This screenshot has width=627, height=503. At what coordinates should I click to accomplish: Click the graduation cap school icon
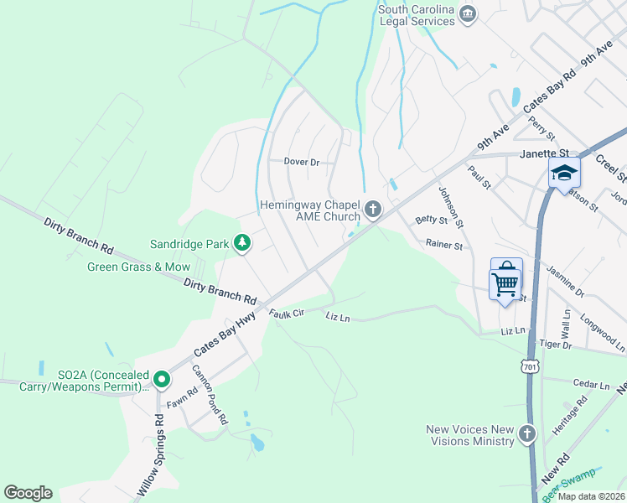(564, 174)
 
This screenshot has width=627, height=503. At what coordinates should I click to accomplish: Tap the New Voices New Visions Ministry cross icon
(526, 433)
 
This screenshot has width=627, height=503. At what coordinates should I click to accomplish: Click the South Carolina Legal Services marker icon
(468, 13)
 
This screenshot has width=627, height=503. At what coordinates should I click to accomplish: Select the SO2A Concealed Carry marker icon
(162, 381)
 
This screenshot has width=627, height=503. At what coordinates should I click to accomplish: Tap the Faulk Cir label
(284, 314)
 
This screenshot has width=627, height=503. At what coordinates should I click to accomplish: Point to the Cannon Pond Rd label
(210, 396)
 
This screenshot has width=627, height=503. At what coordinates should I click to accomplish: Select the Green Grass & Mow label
(139, 267)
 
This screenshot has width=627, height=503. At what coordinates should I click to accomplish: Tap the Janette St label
(544, 154)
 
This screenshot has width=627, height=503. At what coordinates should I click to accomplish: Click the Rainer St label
(443, 246)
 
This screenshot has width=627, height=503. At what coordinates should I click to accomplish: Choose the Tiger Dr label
(555, 345)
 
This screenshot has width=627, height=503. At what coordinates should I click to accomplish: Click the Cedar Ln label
(592, 384)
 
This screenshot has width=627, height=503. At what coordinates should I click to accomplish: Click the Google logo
(28, 493)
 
